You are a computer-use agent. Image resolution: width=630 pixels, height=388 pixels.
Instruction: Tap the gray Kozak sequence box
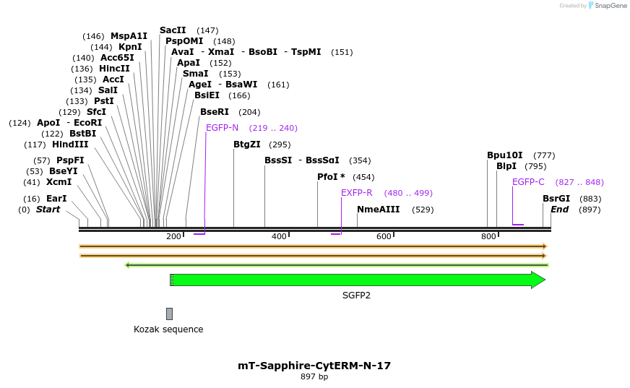tap(169, 314)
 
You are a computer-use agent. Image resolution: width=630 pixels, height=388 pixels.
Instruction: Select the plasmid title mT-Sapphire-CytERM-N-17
tap(314, 366)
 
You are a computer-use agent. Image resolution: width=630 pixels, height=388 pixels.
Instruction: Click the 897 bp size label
tap(314, 376)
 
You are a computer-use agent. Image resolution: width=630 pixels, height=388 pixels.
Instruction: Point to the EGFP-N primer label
tap(222, 128)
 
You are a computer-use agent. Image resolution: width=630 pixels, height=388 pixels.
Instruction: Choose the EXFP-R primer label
tap(357, 193)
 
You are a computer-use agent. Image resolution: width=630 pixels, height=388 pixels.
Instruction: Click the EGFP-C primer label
tap(528, 182)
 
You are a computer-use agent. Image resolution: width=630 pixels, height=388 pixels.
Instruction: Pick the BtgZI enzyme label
tap(247, 145)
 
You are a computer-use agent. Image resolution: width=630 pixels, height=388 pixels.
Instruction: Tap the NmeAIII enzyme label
tap(378, 210)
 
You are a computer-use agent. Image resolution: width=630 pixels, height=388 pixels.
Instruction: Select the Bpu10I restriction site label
tap(504, 155)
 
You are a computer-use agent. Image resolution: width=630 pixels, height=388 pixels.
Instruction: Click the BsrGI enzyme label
tap(556, 199)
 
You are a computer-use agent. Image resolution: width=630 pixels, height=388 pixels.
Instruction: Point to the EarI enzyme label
tap(56, 199)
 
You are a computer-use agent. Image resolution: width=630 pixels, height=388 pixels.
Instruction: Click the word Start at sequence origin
tap(48, 210)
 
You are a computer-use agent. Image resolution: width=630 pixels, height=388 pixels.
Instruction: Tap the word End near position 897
tap(559, 210)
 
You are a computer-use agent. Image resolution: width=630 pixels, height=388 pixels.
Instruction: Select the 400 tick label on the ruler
tap(278, 237)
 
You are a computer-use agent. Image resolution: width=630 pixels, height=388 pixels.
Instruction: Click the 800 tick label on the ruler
tap(488, 237)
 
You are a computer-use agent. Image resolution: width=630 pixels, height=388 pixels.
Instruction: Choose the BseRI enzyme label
tap(215, 112)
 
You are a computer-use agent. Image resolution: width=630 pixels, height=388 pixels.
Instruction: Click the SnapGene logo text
tap(610, 6)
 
